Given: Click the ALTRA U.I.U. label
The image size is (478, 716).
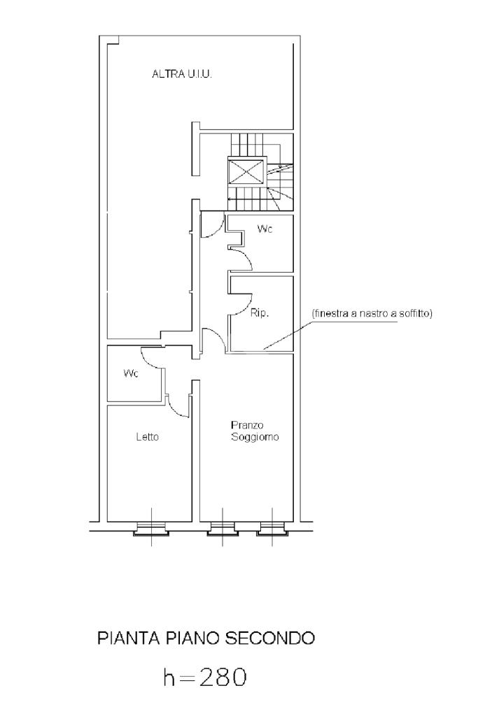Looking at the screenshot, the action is click(182, 74).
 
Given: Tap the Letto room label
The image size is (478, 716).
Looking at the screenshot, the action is click(147, 437).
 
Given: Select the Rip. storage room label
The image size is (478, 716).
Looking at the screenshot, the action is click(260, 313).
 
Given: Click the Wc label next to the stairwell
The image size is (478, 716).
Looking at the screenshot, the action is click(265, 229).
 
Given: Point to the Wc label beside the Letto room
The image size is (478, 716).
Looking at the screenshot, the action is click(131, 373).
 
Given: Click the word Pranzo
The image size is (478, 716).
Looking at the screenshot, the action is click(247, 425).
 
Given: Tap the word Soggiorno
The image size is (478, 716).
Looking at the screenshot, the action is click(255, 437).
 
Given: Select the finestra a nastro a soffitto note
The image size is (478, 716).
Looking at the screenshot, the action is click(372, 314).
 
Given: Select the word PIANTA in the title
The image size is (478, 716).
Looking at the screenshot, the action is click(128, 638).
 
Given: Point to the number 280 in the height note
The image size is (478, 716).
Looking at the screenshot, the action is click(223, 677).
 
